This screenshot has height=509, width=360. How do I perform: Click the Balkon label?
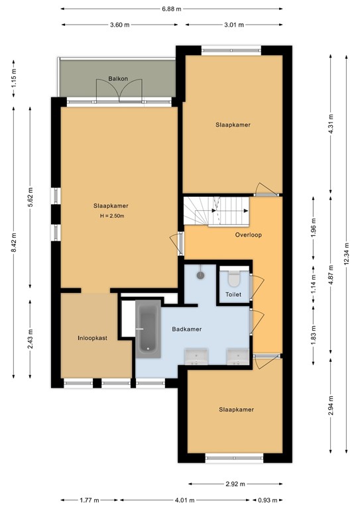click(117, 79)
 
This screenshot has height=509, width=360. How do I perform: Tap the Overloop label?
click(249, 235)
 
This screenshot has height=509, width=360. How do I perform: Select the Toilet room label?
click(233, 294)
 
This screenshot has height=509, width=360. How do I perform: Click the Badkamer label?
click(186, 329)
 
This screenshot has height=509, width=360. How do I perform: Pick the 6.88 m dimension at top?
click(172, 9)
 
